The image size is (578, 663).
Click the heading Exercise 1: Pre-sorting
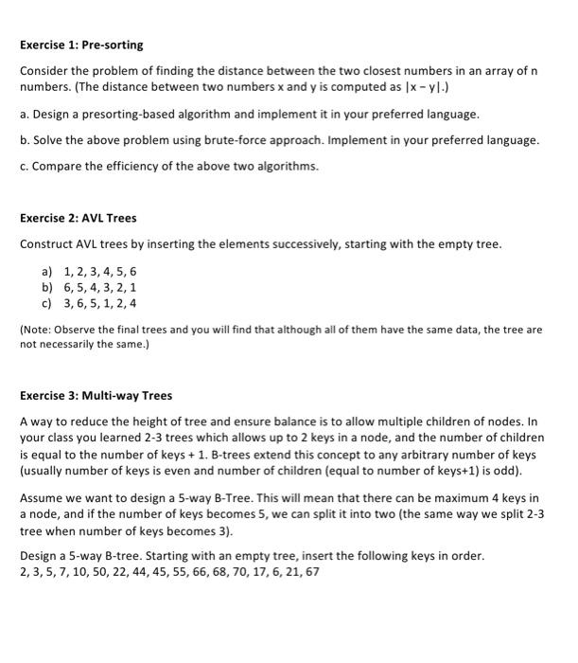81,45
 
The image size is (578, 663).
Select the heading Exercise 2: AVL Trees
79,218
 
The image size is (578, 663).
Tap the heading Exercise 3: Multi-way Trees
96,395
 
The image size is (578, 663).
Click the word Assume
43,497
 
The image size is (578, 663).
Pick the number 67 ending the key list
310,572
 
